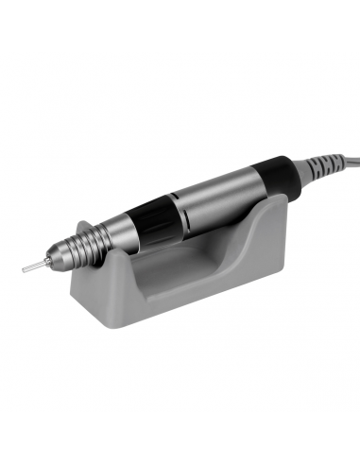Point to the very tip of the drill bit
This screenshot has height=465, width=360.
tap(22, 272)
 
